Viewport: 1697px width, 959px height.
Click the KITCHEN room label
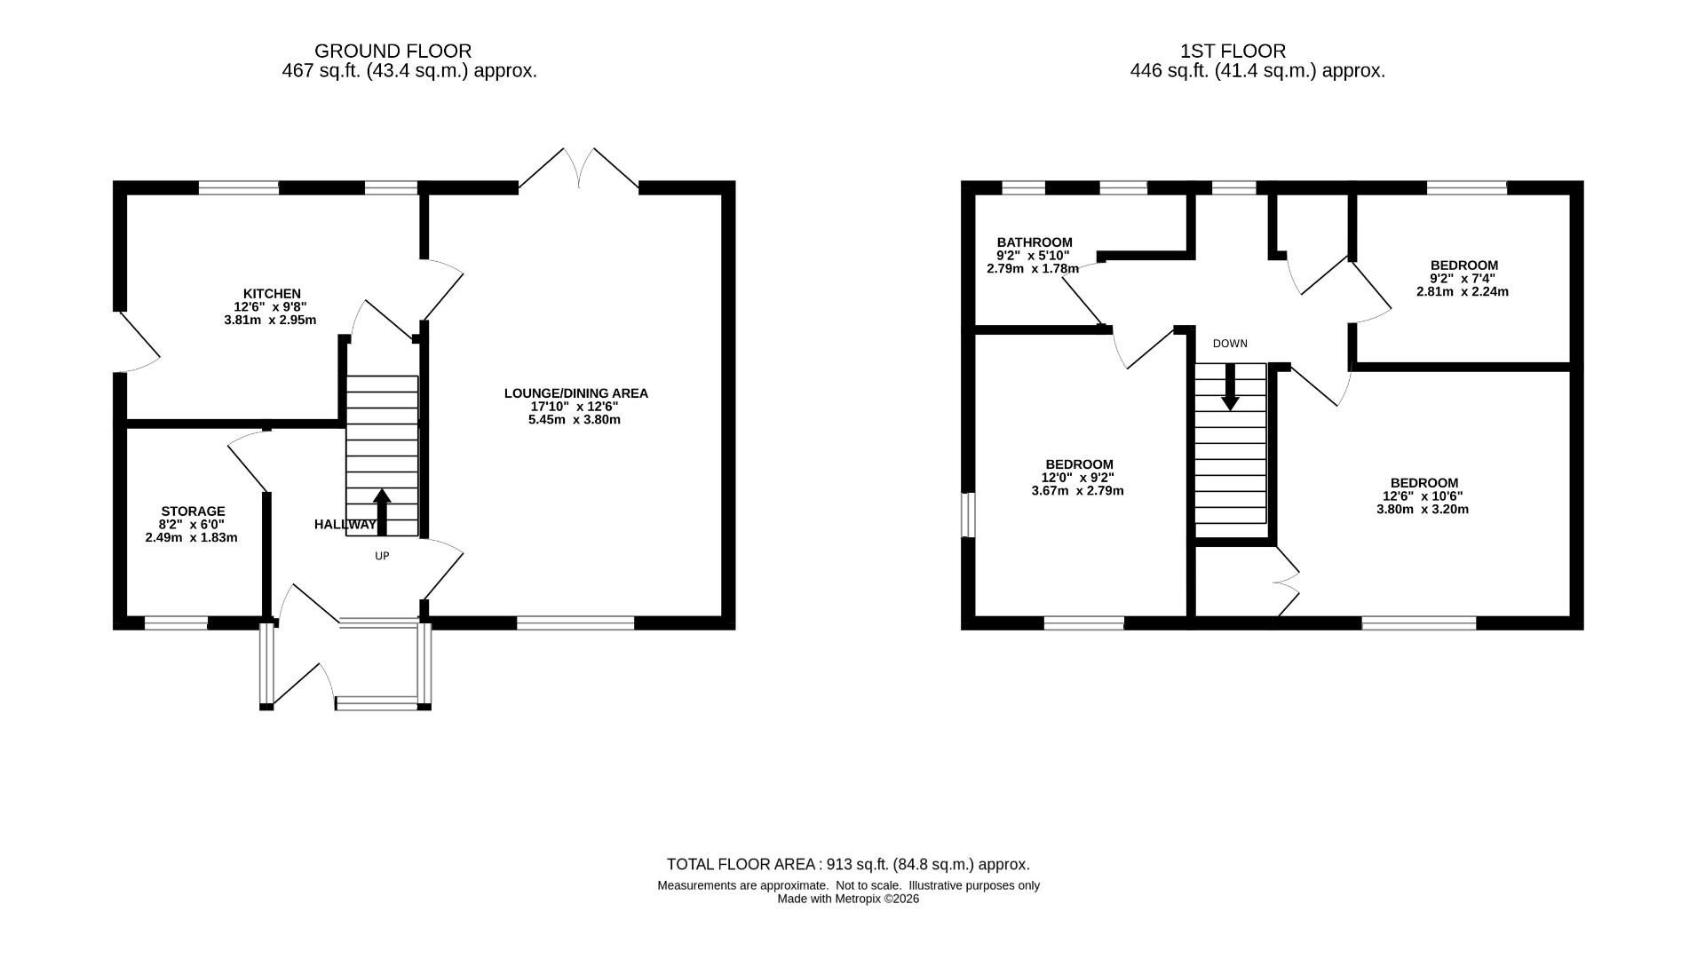pos(272,294)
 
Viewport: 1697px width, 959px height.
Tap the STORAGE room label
pos(193,511)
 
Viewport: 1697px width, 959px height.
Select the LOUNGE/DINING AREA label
pos(575,393)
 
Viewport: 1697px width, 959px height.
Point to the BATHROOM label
pos(1034,242)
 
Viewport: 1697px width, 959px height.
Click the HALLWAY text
pos(345,525)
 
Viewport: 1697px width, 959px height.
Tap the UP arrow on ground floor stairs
pos(382,511)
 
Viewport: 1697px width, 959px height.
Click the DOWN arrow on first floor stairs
pos(1230,387)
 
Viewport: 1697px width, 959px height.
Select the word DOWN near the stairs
pos(1230,344)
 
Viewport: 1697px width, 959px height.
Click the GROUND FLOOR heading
pos(393,52)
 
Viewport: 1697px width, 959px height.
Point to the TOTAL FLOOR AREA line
pos(848,864)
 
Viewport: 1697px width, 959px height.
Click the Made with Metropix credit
pos(848,899)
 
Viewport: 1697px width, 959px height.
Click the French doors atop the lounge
pos(579,169)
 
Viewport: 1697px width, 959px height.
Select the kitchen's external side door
pos(138,342)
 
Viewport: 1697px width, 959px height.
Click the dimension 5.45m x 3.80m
pos(574,419)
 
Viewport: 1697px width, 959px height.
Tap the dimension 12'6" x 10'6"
pos(1422,496)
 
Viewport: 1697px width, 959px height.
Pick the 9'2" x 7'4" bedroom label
pos(1463,265)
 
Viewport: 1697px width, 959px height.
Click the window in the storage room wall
pos(176,623)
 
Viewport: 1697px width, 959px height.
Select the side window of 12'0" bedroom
pos(969,515)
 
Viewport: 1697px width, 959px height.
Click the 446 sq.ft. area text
pos(1257,71)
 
